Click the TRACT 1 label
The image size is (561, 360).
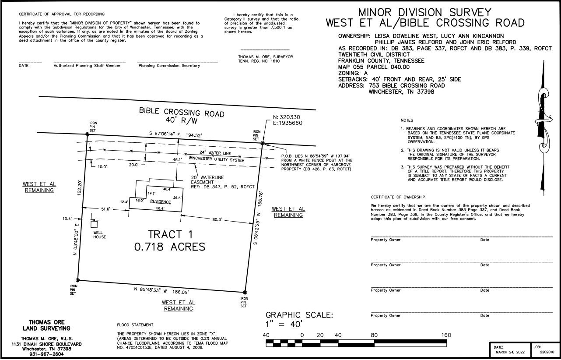pyautogui.click(x=171, y=235)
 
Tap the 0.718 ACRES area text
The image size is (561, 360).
pyautogui.click(x=170, y=247)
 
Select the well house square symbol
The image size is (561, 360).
pyautogui.click(x=94, y=224)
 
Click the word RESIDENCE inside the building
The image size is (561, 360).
pyautogui.click(x=160, y=202)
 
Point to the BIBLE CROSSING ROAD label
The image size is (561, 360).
pyautogui.click(x=182, y=112)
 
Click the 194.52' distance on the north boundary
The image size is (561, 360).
pyautogui.click(x=194, y=135)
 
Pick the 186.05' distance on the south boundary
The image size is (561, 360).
pyautogui.click(x=181, y=292)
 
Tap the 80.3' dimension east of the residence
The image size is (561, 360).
pyautogui.click(x=217, y=219)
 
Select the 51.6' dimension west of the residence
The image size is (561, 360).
pyautogui.click(x=106, y=209)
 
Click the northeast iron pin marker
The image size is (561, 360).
pyautogui.click(x=263, y=143)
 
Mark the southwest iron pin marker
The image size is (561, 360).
pyautogui.click(x=77, y=280)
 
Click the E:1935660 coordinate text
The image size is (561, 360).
pyautogui.click(x=288, y=123)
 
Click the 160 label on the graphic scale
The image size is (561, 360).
pyautogui.click(x=446, y=335)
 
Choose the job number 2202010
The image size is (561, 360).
pyautogui.click(x=547, y=352)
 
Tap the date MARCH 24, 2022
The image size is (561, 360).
pyautogui.click(x=510, y=352)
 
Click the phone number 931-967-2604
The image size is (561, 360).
pyautogui.click(x=46, y=354)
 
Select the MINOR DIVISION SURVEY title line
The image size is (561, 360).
pyautogui.click(x=425, y=13)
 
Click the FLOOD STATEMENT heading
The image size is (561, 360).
pyautogui.click(x=135, y=325)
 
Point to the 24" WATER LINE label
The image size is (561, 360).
pyautogui.click(x=215, y=153)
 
